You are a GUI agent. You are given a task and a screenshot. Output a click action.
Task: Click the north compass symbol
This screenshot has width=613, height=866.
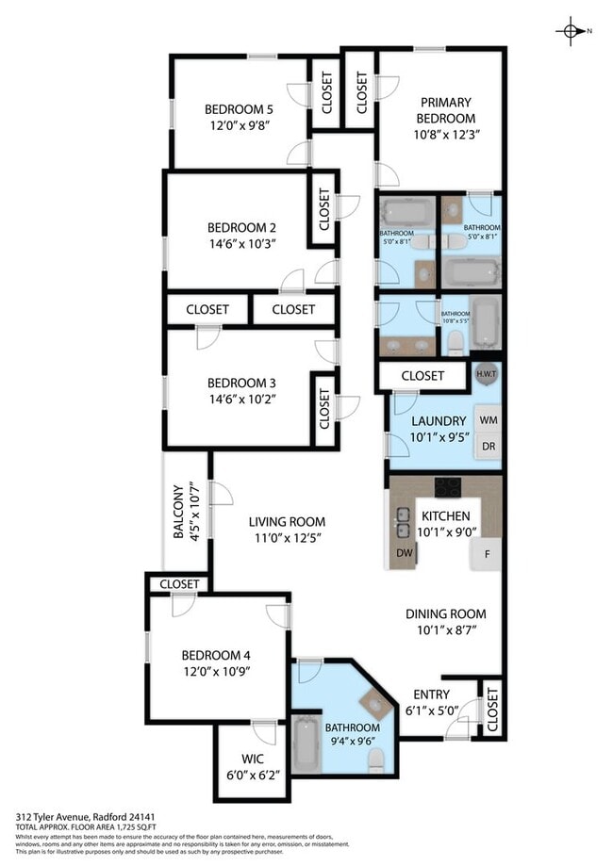click(x=572, y=31)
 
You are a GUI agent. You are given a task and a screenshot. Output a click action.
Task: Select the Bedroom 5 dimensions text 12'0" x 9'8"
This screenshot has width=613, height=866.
click(x=240, y=124)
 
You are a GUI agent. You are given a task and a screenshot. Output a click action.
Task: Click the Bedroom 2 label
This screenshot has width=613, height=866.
click(x=241, y=227)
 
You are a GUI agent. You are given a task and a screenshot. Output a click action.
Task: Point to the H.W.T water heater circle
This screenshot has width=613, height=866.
click(x=487, y=374)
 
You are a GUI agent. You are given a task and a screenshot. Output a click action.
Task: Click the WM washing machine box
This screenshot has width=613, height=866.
click(x=488, y=419)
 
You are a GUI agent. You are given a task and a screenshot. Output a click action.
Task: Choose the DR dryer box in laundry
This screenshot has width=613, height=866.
click(x=488, y=446)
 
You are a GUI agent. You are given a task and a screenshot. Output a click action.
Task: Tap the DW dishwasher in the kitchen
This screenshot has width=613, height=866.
click(x=404, y=552)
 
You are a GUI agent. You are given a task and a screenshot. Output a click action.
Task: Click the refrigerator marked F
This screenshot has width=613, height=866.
click(x=487, y=553)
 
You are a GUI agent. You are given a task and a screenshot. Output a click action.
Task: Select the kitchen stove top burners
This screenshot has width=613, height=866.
click(x=447, y=487)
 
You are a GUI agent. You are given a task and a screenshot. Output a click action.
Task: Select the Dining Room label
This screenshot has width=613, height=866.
click(x=445, y=613)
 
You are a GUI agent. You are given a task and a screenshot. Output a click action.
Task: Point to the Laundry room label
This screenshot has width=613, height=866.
click(x=439, y=420)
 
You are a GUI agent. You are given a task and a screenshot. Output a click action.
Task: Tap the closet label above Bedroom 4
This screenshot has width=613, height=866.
click(x=179, y=584)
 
